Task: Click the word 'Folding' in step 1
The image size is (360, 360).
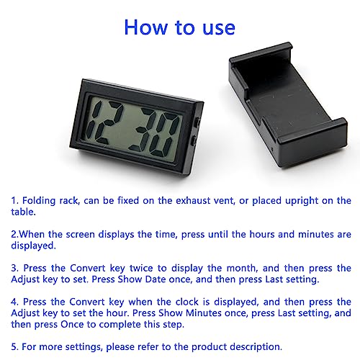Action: tap(41, 200)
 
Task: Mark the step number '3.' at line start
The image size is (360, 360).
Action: tap(14, 268)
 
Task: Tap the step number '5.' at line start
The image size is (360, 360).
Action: tap(14, 347)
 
